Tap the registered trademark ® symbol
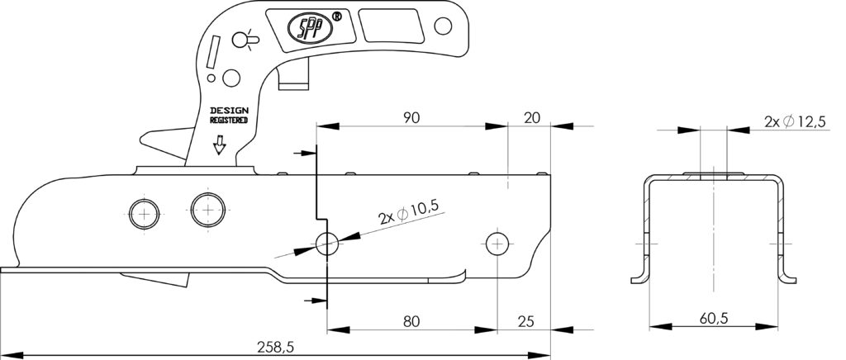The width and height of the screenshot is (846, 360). coord(335,17)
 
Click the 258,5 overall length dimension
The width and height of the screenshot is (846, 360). coord(275,348)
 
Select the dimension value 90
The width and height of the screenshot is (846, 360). coord(411,117)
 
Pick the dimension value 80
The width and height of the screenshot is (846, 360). coord(411,320)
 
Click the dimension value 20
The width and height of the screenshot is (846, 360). coord(532,117)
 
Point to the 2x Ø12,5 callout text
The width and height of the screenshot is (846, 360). coord(794,121)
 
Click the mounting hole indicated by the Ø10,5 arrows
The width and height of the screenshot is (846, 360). coord(327,242)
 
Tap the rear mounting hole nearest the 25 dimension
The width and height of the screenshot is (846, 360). coord(496,242)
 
